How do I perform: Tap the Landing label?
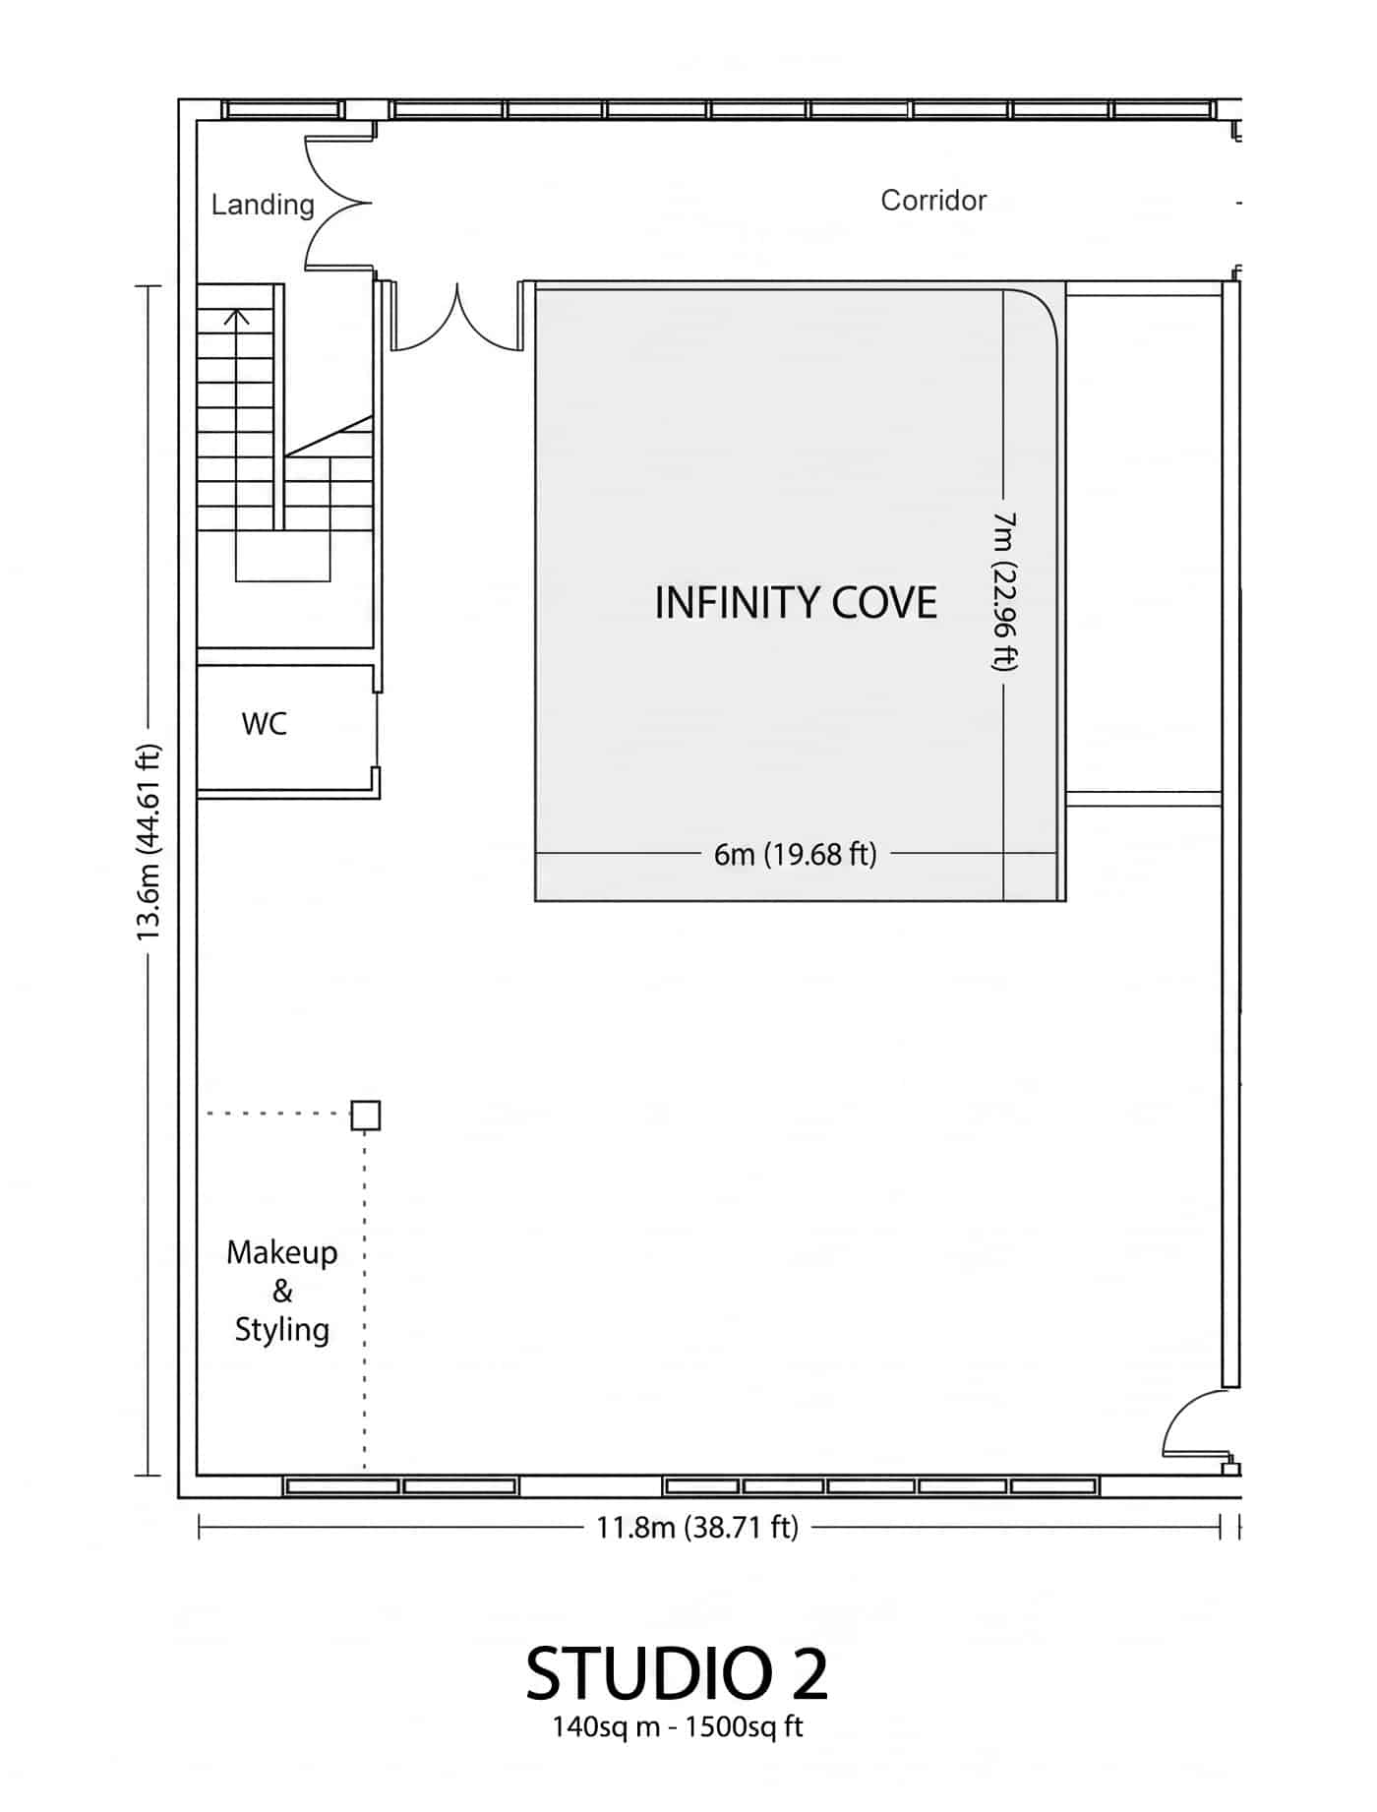point(263,205)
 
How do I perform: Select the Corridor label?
point(933,200)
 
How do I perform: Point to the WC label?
point(264,724)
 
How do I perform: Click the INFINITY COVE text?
point(796,602)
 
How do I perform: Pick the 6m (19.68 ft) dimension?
point(796,854)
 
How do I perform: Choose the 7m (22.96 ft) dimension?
point(1004,590)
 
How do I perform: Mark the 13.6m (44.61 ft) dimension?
point(148,843)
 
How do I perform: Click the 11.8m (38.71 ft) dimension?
point(697,1527)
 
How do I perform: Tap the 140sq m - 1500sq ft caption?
point(678,1726)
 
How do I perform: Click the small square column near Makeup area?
point(366,1116)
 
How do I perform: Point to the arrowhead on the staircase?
point(236,316)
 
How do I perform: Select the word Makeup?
point(281,1253)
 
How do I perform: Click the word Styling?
point(281,1330)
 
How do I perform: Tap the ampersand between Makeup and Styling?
point(282,1291)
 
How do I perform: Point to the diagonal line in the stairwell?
point(329,436)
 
